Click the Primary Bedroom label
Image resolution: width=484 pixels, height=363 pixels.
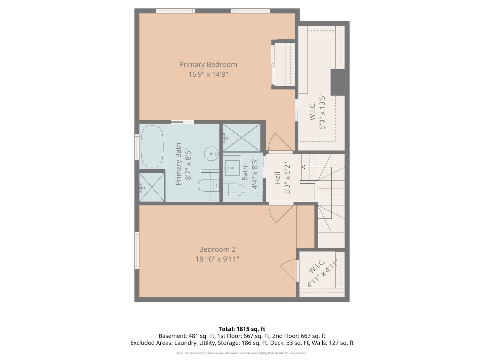point(208,65)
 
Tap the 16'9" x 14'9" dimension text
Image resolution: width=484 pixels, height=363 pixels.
point(208,74)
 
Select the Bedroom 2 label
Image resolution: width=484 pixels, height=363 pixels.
point(217,249)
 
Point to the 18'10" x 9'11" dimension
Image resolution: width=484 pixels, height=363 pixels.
point(217,259)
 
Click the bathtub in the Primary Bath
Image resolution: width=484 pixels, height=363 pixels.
point(152,147)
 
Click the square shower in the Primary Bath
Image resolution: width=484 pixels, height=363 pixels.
point(152,187)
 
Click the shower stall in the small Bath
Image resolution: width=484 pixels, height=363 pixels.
point(241,138)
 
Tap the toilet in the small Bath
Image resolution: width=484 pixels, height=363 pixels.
point(233,190)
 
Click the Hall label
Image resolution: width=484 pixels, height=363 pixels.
point(277,178)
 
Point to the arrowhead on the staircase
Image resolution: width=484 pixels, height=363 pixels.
point(303,167)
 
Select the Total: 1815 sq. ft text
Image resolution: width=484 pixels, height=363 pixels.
point(242,329)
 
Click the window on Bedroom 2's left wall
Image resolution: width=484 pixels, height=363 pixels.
point(137,250)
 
